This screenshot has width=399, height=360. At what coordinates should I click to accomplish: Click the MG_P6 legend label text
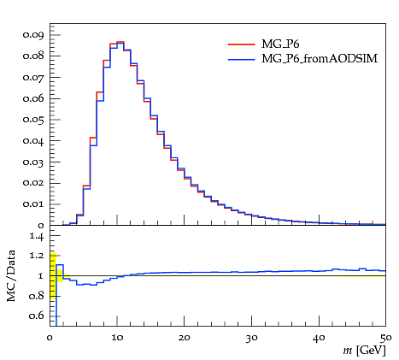coord(280,44)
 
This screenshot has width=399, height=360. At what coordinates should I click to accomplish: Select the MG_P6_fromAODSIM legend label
coord(320,58)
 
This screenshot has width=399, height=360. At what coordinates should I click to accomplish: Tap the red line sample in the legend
coord(242,44)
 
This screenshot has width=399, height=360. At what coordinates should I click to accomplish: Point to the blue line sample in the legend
coord(242,59)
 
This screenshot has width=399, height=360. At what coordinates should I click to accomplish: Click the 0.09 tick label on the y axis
coord(33,35)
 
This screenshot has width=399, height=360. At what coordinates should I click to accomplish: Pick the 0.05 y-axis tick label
coord(33,120)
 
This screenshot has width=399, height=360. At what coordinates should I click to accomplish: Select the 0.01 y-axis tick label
coord(33,204)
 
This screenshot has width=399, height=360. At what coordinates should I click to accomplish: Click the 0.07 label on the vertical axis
coord(33,77)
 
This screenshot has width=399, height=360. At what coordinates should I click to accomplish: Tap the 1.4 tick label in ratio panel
coord(37,236)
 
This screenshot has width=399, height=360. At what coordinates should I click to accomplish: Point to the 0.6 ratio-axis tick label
coord(37,316)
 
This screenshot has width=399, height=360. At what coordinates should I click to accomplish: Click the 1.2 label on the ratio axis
coord(37,255)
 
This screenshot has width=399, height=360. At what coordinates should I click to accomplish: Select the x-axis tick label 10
coord(117,338)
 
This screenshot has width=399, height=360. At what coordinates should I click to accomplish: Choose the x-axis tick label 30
coord(252,338)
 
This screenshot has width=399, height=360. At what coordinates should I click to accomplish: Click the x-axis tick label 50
coord(386,338)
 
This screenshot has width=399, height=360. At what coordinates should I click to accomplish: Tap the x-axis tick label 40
coord(319,338)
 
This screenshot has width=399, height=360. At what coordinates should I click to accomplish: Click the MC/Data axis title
coord(11,275)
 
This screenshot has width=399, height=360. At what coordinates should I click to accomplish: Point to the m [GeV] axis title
coord(364,350)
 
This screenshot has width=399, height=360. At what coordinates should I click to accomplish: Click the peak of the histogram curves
coord(120,42)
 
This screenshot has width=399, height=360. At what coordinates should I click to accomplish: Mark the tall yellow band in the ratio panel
coord(53,274)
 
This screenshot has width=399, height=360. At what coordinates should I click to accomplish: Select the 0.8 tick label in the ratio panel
coord(37,296)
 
